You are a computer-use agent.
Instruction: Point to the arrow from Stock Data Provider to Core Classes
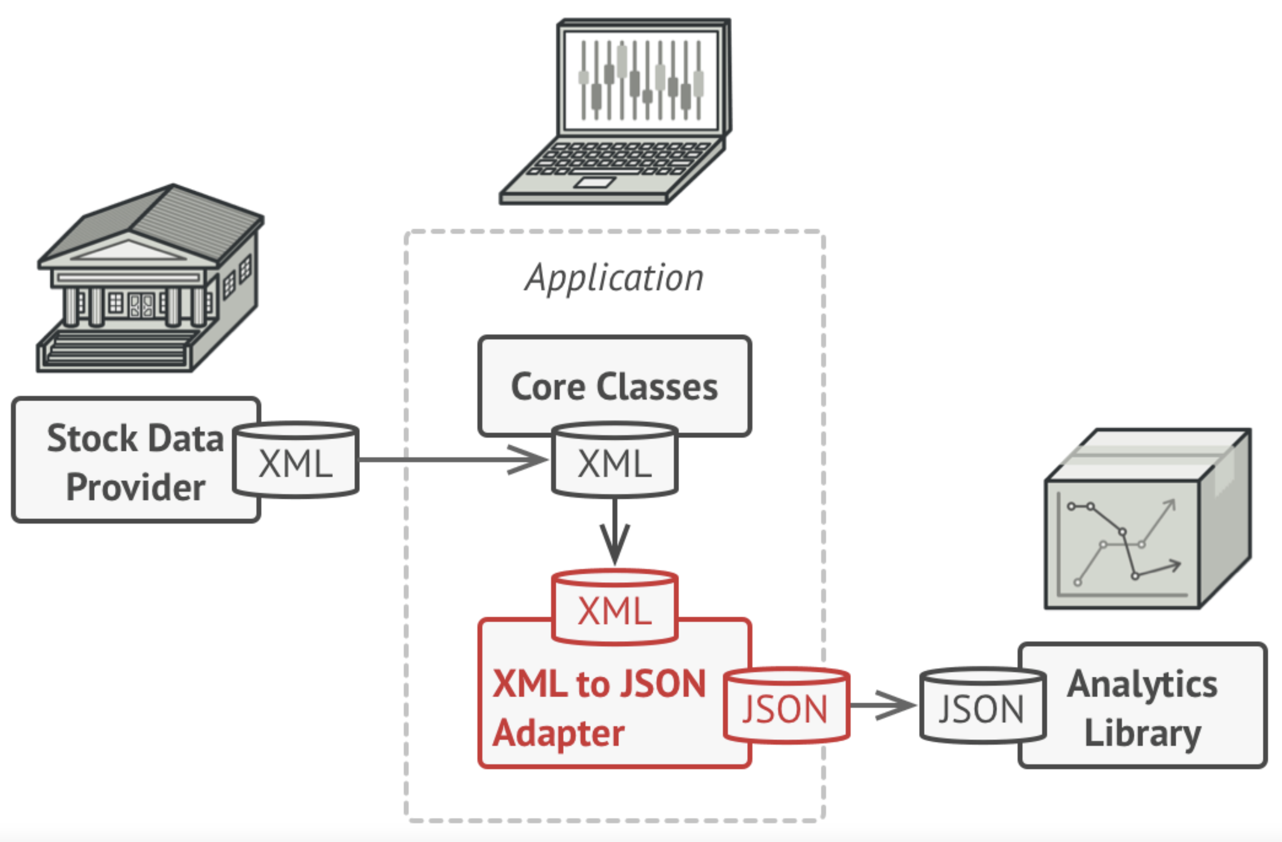452,460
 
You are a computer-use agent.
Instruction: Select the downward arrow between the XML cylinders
615,533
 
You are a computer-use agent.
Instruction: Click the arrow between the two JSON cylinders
883,705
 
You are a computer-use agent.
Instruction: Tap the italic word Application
615,278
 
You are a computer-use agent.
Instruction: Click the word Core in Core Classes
547,387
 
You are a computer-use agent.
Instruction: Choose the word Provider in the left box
136,488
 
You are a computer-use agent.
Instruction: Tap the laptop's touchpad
595,183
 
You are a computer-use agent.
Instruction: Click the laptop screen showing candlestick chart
640,80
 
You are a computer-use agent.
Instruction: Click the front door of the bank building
141,306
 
